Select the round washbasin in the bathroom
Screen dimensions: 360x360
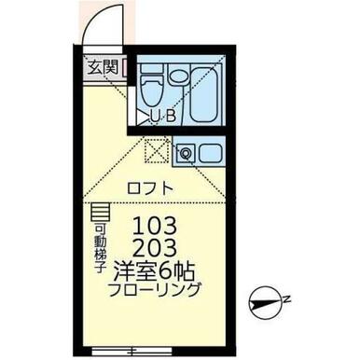point(178,76)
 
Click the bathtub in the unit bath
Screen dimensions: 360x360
point(203,93)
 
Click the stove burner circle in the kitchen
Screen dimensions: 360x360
point(186,153)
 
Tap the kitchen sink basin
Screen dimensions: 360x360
point(211,153)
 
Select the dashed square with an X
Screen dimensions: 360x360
point(158,150)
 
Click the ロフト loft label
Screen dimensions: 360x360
point(150,188)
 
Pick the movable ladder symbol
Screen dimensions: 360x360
point(100,213)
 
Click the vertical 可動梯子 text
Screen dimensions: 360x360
point(99,248)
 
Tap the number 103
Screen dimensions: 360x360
point(155,226)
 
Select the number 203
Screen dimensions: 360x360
point(155,248)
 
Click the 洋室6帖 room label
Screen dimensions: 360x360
point(154,270)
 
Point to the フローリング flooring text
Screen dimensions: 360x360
point(154,290)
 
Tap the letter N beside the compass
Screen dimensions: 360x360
point(287,300)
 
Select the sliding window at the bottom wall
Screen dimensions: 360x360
point(132,351)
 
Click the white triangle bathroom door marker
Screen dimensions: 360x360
point(143,118)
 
